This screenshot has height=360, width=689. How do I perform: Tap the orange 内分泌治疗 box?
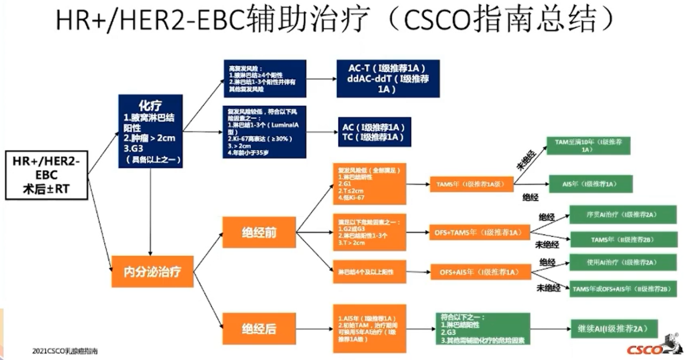(x=153, y=270)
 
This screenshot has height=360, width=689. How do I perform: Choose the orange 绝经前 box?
(x=259, y=232)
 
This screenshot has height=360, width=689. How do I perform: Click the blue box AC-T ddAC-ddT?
(x=387, y=79)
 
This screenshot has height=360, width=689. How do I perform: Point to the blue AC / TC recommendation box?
(x=374, y=132)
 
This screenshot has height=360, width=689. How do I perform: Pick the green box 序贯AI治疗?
(x=623, y=214)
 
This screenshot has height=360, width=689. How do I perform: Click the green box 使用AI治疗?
(x=623, y=262)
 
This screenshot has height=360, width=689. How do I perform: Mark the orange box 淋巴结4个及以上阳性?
(x=369, y=271)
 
